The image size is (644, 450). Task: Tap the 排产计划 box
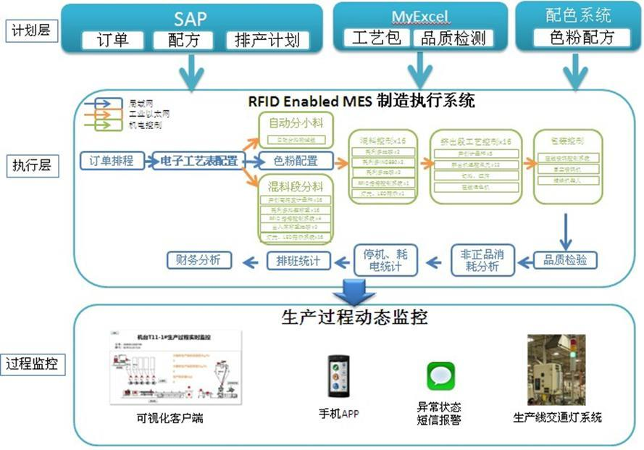(x=267, y=40)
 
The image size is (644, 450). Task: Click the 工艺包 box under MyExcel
(x=376, y=38)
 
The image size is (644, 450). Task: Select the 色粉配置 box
(x=296, y=160)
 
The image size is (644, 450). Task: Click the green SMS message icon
(x=440, y=376)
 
